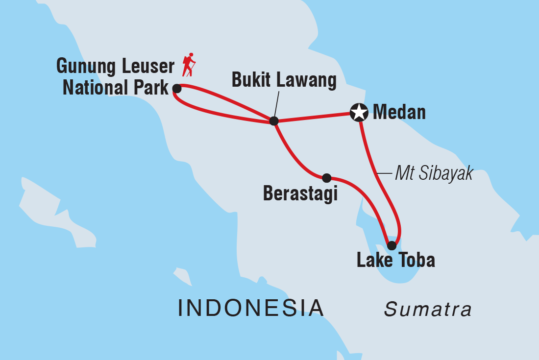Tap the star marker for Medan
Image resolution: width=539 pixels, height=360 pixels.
coord(359,112)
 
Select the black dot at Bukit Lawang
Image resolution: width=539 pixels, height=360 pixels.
coord(274,120)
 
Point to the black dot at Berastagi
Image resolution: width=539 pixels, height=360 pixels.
coord(327,178)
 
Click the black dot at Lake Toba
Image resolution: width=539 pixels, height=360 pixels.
coord(392,245)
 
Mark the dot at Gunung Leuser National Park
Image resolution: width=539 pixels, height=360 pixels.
coord(177,89)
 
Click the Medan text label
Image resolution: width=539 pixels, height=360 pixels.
coord(399,113)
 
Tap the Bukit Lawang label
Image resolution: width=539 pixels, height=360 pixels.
coord(284,81)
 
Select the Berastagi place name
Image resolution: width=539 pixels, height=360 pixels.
coord(300,194)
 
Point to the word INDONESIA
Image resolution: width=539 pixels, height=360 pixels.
coord(251,308)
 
